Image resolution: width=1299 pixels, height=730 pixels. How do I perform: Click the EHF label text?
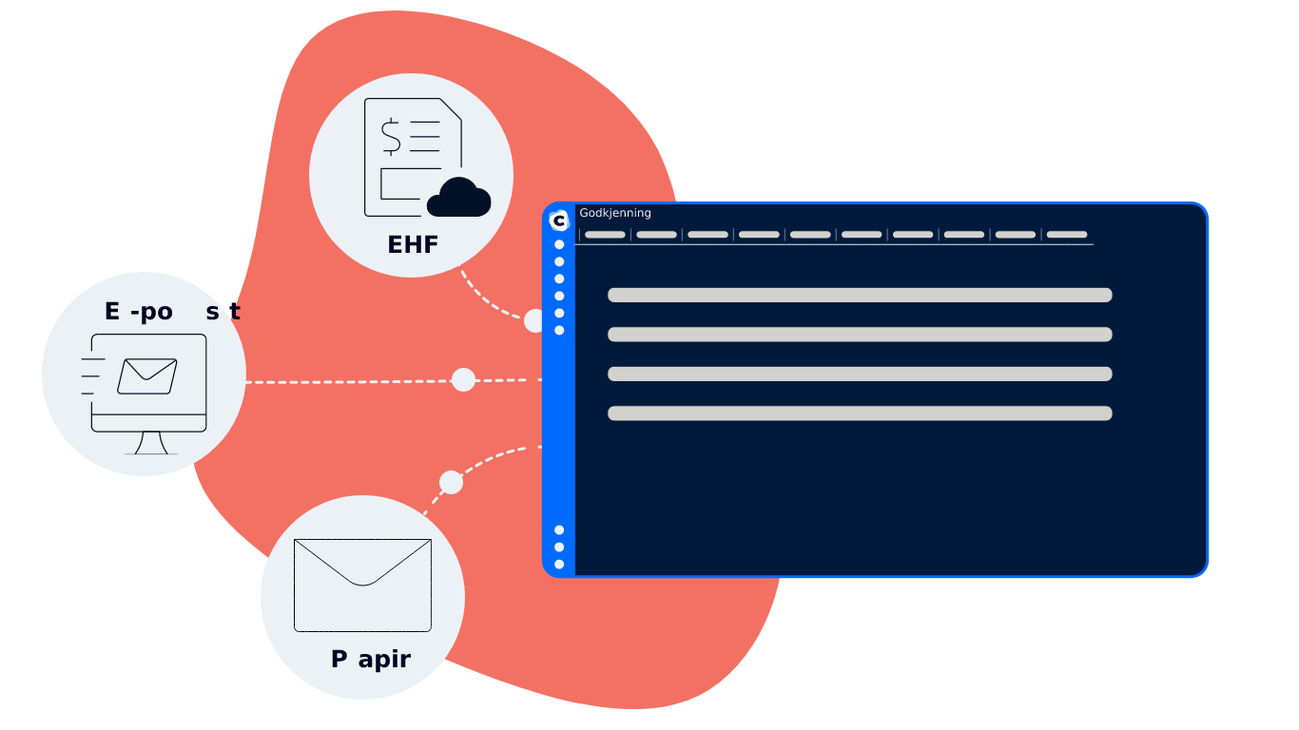(x=413, y=245)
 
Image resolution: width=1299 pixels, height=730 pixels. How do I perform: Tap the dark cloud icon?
(x=458, y=198)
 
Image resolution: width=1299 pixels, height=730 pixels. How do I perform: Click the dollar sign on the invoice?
(x=391, y=136)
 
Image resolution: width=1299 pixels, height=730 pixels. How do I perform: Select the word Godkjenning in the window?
(x=615, y=213)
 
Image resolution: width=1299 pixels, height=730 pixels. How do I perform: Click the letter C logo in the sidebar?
(x=559, y=221)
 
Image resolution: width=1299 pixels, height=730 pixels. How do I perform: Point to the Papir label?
(x=371, y=660)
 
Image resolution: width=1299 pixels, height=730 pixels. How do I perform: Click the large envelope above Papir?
(x=362, y=585)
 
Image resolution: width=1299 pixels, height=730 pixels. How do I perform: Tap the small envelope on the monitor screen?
(x=147, y=375)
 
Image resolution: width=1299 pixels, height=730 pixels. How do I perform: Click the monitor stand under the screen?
(x=151, y=443)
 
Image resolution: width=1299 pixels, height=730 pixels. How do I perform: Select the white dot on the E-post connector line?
(x=463, y=380)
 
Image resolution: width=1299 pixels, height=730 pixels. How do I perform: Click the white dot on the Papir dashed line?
(x=452, y=483)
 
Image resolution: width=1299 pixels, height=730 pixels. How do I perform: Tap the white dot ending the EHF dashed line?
(x=534, y=321)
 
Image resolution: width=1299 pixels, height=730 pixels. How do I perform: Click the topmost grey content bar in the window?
(x=860, y=296)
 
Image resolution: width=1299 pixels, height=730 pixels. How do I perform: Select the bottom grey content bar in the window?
(x=860, y=413)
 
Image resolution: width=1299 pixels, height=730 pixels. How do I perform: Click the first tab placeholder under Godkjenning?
(x=605, y=235)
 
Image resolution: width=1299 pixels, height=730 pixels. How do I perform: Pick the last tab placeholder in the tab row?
(x=1067, y=235)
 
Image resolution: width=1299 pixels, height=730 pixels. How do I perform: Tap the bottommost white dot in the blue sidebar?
(x=559, y=565)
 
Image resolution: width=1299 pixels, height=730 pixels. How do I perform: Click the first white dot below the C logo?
(x=559, y=244)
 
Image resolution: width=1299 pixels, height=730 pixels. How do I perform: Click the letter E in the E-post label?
(x=112, y=312)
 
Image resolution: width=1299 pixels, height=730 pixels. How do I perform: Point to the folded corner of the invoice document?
(x=451, y=109)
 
